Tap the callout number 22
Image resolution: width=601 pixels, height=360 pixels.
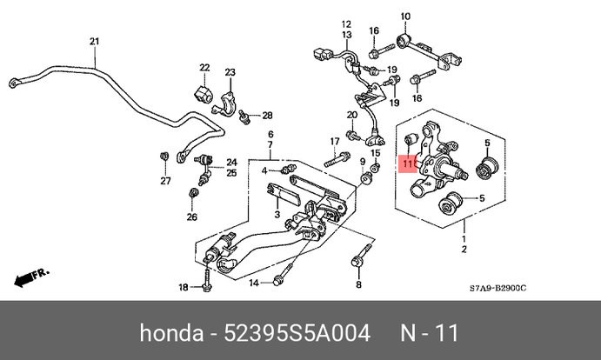(x=204, y=68)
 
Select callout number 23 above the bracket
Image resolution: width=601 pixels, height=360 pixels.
(x=230, y=72)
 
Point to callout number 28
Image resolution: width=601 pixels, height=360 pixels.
(x=268, y=115)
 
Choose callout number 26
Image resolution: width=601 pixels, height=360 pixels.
(x=193, y=217)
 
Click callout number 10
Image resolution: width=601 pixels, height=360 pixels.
(x=404, y=16)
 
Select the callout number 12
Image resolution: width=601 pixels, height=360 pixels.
(x=345, y=23)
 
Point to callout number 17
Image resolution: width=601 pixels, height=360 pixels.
(x=334, y=142)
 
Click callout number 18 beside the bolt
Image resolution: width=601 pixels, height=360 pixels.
(x=183, y=287)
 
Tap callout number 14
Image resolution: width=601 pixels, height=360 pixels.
(x=254, y=283)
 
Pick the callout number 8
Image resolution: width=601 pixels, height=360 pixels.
(x=357, y=283)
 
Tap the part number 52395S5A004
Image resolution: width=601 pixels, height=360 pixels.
(x=298, y=333)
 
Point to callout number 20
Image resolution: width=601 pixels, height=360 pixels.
(x=351, y=116)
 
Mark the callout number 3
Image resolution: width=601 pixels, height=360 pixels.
(x=276, y=215)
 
